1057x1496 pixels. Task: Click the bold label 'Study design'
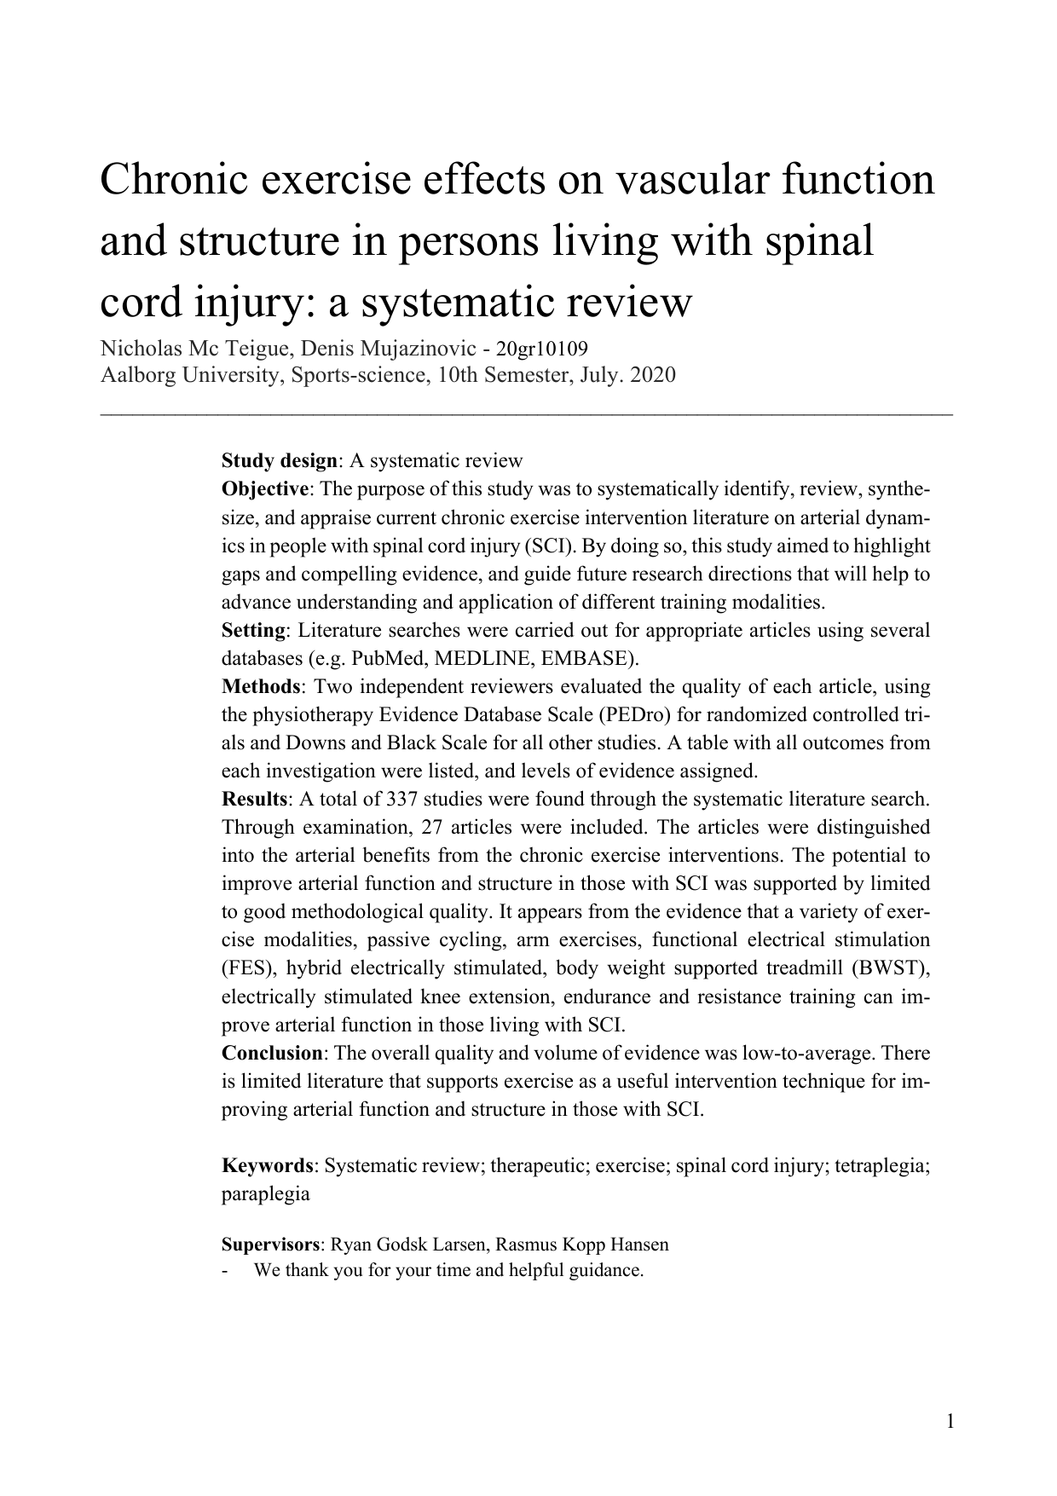click(280, 461)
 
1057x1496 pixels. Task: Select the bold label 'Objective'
click(265, 489)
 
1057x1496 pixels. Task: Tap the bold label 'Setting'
click(253, 630)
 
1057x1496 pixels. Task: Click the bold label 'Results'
click(255, 799)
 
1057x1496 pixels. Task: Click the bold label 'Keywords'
click(268, 1165)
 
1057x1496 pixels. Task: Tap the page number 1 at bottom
click(950, 1421)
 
